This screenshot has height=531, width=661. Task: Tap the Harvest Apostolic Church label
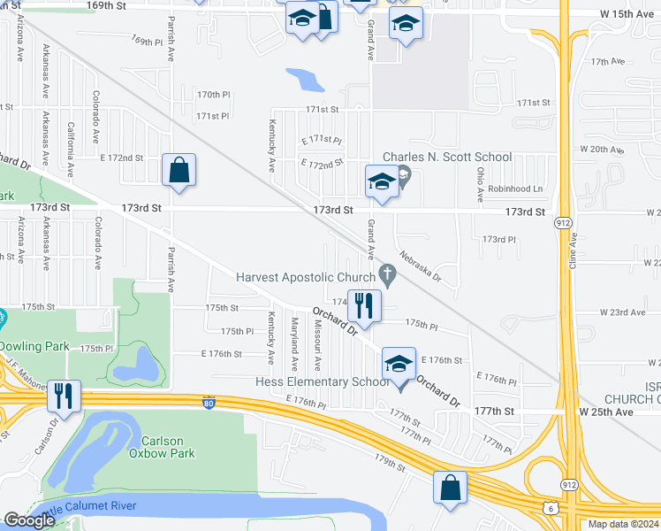[x=305, y=277]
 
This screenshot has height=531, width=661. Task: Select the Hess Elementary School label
[x=322, y=381]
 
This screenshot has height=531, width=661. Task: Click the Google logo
[x=29, y=520]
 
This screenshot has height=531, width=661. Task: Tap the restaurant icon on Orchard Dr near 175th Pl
[x=364, y=306]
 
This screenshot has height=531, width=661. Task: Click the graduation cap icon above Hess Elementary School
[x=399, y=364]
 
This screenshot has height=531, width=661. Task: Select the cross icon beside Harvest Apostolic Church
[x=385, y=273]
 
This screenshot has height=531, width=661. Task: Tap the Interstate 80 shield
[x=208, y=402]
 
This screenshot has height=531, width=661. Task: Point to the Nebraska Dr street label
[x=419, y=264]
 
